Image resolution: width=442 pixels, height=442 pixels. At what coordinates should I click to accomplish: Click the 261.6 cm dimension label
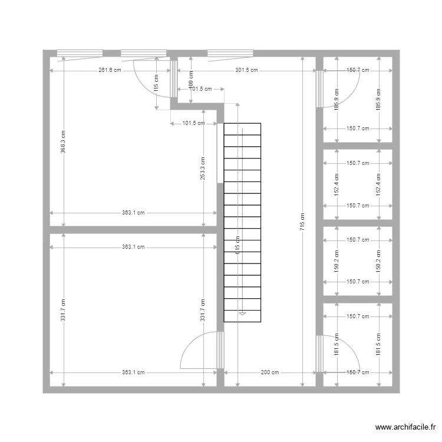pyautogui.click(x=110, y=70)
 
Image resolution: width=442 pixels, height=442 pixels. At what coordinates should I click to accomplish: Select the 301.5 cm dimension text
pyautogui.click(x=246, y=70)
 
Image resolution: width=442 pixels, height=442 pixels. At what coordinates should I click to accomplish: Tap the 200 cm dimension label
pyautogui.click(x=270, y=372)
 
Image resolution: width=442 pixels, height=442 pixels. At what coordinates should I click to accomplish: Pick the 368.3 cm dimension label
pyautogui.click(x=63, y=142)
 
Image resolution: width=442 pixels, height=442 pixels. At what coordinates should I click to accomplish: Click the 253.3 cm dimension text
pyautogui.click(x=203, y=168)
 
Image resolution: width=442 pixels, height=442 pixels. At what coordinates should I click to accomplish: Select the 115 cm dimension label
pyautogui.click(x=156, y=83)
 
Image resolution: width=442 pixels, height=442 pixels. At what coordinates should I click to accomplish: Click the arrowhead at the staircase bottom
pyautogui.click(x=241, y=314)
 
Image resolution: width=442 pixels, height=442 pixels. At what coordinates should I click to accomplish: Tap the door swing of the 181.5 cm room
pyautogui.click(x=342, y=354)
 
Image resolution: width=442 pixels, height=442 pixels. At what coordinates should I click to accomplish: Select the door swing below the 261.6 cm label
pyautogui.click(x=150, y=83)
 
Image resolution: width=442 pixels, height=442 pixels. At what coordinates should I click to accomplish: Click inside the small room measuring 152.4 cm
pyautogui.click(x=358, y=184)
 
